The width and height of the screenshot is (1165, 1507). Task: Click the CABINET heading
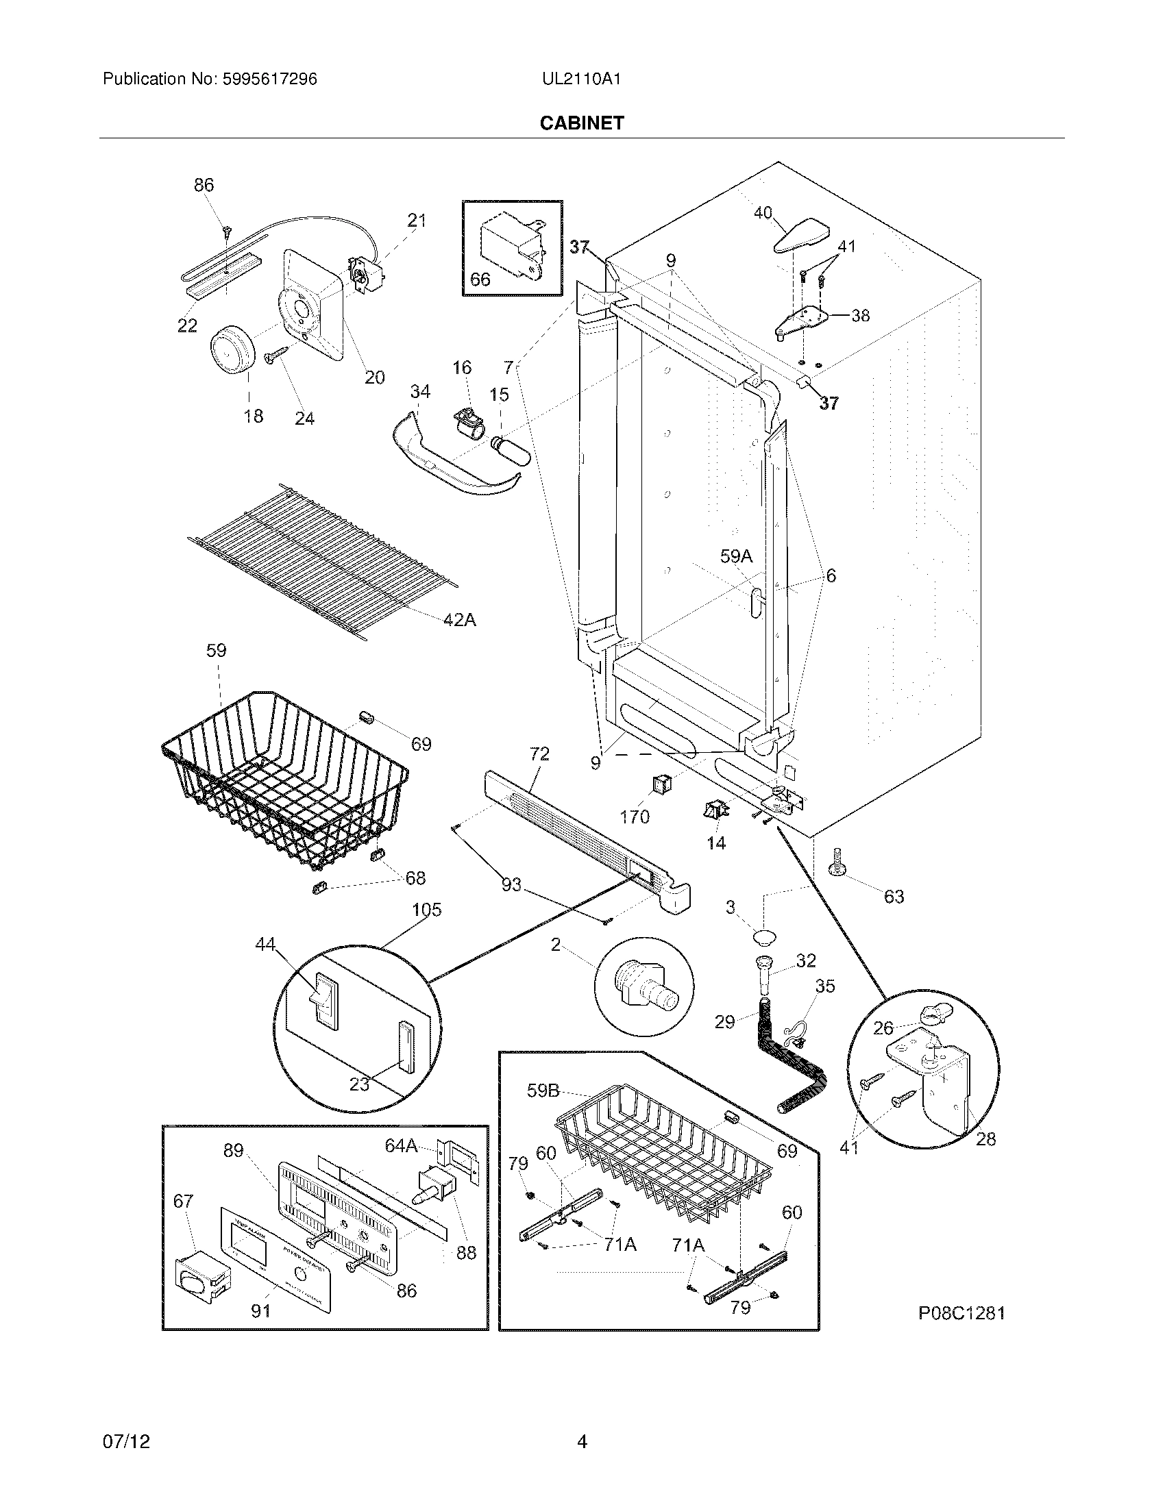tap(581, 123)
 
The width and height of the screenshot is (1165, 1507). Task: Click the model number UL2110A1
tap(581, 79)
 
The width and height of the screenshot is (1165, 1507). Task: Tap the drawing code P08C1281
tap(961, 1313)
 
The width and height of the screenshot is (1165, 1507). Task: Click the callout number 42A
tap(459, 620)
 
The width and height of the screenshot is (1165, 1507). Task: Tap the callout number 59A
tap(736, 556)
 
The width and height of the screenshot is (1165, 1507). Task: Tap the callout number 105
tap(426, 910)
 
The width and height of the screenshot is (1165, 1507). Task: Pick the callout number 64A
tap(401, 1146)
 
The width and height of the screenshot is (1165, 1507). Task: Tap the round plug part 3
tap(764, 936)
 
